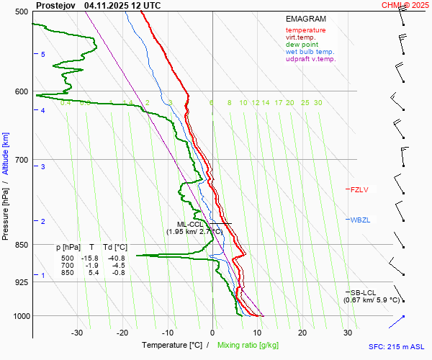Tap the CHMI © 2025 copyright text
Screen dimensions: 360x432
tap(405, 5)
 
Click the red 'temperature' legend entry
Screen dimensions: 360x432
tap(305, 30)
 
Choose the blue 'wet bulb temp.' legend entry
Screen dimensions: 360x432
tap(310, 52)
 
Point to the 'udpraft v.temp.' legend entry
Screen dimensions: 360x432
tap(310, 59)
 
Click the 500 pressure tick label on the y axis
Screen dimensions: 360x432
tap(21, 12)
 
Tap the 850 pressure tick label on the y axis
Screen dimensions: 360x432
tap(21, 245)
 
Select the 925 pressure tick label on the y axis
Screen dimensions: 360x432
tap(21, 282)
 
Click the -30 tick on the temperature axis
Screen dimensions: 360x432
tap(77, 333)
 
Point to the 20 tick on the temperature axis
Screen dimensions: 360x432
tap(302, 333)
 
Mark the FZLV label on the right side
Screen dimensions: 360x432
tap(359, 190)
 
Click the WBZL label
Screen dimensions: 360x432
tap(360, 220)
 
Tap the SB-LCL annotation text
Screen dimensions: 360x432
tap(360, 292)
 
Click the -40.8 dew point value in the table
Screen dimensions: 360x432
tap(116, 258)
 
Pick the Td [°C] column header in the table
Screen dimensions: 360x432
tap(113, 247)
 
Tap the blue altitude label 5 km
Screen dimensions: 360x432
tap(43, 55)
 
